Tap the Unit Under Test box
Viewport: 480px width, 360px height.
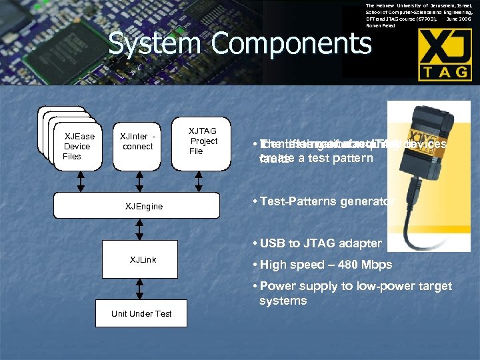[x=141, y=313]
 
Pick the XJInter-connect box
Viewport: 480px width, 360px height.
[x=138, y=141]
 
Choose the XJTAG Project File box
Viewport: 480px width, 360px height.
[x=203, y=141]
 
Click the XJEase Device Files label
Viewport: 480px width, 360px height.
[x=79, y=147]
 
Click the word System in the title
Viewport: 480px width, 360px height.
[x=145, y=44]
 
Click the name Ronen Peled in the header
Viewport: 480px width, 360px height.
[x=380, y=26]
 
